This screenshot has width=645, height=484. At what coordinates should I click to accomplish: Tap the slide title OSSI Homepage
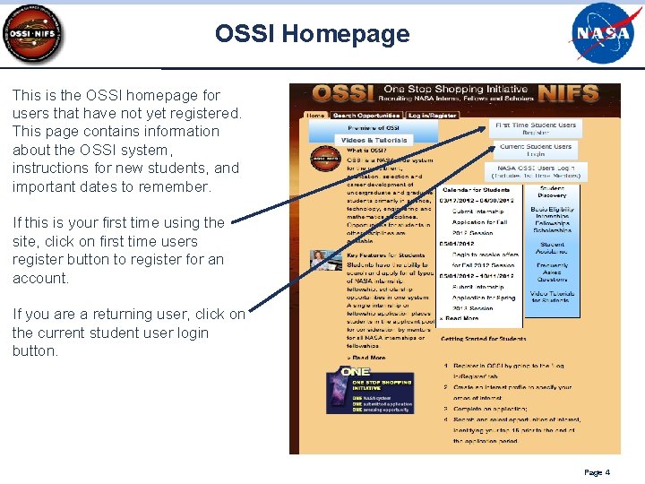[x=312, y=34]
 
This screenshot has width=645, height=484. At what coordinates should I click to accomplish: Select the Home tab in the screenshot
[x=316, y=116]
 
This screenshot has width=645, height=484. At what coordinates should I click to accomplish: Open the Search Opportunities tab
[x=365, y=116]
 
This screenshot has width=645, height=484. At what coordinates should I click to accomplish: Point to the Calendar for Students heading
[x=475, y=189]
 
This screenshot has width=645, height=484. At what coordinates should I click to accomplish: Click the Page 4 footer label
[x=597, y=472]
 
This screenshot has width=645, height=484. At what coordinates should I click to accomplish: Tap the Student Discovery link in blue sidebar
[x=552, y=192]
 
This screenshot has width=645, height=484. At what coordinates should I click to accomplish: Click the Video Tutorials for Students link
[x=552, y=297]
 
